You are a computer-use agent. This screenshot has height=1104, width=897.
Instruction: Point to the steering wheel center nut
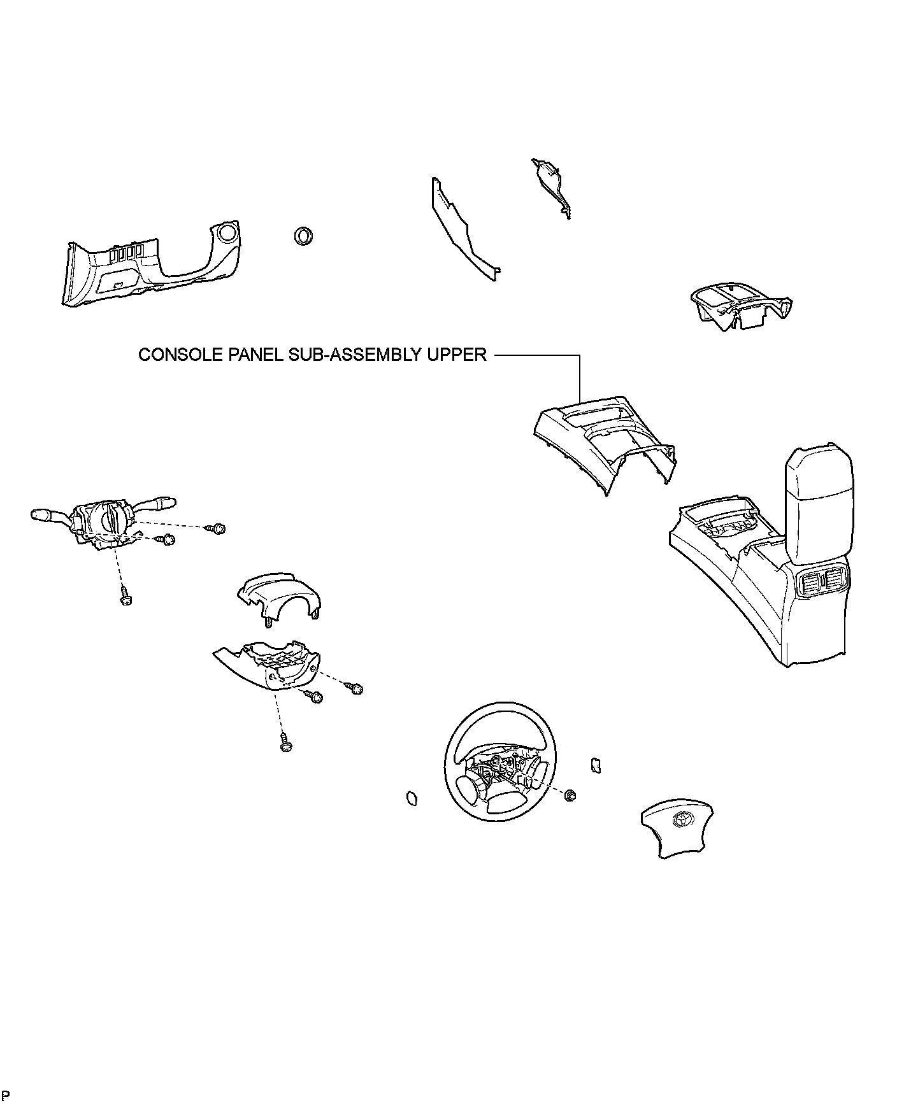point(570,795)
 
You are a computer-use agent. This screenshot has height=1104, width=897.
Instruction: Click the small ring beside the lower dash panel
point(303,236)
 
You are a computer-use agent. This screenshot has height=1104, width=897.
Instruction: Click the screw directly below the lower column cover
point(285,742)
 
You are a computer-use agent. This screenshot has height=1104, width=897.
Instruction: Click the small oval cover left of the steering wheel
point(412,798)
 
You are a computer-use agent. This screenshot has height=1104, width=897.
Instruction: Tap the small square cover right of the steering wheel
point(596,764)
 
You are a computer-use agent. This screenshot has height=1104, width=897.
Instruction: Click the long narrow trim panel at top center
point(462,229)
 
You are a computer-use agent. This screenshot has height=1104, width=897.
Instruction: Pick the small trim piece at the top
point(552,185)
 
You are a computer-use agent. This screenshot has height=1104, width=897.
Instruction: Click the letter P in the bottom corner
point(6,1094)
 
